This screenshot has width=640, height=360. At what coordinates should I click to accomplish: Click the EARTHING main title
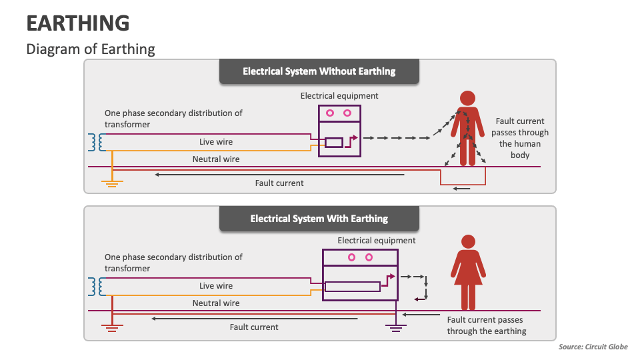pos(78,23)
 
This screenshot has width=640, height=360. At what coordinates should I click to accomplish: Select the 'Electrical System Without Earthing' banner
pos(319,71)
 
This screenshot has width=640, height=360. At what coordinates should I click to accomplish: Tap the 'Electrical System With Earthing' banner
pos(319,218)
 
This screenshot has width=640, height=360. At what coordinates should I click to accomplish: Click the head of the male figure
pos(468,97)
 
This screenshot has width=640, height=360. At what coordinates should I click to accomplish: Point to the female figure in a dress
pos(468,270)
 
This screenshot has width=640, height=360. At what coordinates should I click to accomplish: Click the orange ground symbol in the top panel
pos(112,183)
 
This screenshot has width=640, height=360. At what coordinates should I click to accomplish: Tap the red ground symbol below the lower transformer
pos(112,327)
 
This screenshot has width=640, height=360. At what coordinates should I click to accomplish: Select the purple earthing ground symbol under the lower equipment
pos(396,327)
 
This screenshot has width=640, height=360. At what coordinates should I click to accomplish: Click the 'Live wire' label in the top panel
pos(216,142)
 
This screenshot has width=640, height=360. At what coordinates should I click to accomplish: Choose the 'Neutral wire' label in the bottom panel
pos(216,303)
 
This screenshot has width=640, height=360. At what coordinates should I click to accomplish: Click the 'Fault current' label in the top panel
pos(279,183)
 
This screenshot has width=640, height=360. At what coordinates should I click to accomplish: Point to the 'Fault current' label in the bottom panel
pos(254,327)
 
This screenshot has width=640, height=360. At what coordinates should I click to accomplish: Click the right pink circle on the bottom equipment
pos(369,257)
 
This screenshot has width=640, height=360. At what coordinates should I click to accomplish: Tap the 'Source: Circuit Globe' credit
pos(593,347)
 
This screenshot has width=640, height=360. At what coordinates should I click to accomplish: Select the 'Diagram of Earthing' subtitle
pos(91,49)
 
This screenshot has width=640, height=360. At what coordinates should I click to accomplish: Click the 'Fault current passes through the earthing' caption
pos(487,326)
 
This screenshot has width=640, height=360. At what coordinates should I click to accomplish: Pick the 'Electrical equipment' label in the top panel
pos(339,96)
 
